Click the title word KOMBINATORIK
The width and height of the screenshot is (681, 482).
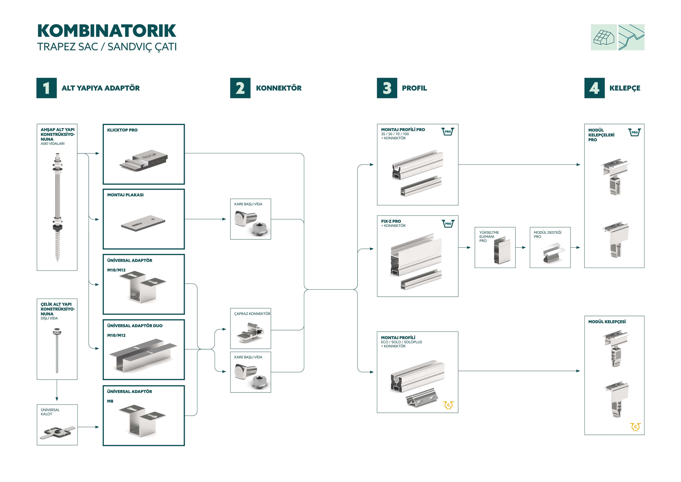(x=107, y=31)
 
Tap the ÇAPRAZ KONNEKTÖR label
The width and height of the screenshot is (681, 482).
(x=252, y=314)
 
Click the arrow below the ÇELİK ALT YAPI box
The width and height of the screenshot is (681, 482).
(x=57, y=391)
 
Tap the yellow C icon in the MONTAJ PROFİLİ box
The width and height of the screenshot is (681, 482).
(x=449, y=405)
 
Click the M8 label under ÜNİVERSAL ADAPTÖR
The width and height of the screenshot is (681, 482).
(x=110, y=401)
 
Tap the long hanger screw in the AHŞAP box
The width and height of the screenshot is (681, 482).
(x=57, y=208)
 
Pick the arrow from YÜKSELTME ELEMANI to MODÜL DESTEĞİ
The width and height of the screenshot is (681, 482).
(x=522, y=247)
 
